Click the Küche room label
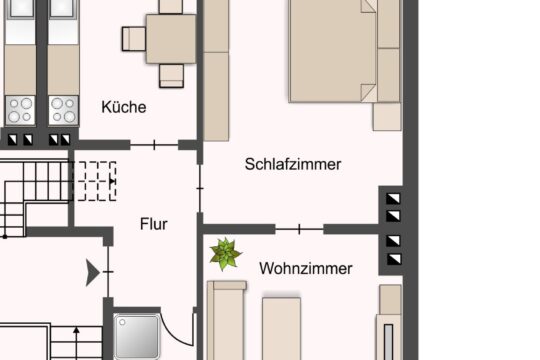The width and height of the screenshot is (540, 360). (x=124, y=107)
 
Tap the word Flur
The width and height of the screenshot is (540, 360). (x=154, y=224)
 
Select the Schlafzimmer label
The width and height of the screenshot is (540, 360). (x=293, y=165)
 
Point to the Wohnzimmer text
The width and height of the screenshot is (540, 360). (x=305, y=268)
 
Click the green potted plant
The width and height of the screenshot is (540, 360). (x=225, y=254)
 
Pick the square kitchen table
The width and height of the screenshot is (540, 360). (x=171, y=38)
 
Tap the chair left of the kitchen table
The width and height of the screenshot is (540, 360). (x=135, y=39)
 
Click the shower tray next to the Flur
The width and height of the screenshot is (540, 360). (x=138, y=337)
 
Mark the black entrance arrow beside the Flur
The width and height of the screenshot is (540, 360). (x=93, y=270)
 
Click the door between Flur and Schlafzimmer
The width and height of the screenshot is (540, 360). (x=200, y=184)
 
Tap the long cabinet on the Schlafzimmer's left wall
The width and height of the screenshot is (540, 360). (x=217, y=70)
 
